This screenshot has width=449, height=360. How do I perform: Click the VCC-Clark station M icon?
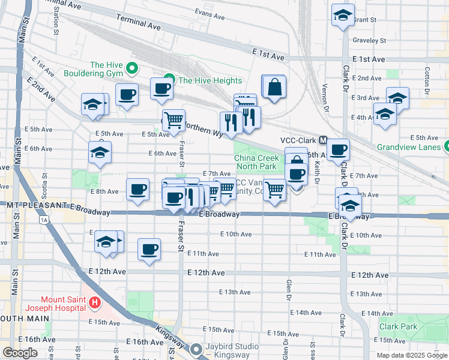pos(323,140)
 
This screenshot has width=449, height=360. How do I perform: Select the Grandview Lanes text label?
pos(405,146)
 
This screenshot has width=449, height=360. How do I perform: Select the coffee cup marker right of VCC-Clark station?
pos(338,149)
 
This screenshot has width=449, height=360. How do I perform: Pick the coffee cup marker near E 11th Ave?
pos(149,249)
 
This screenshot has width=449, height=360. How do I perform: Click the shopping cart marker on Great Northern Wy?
pos(173,119)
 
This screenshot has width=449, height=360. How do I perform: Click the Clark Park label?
pos(397,327)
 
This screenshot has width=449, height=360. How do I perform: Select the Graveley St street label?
pos(369,41)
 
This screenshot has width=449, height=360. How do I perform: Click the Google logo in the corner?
pos(20,353)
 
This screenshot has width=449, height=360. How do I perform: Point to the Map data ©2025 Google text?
pos(412,355)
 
